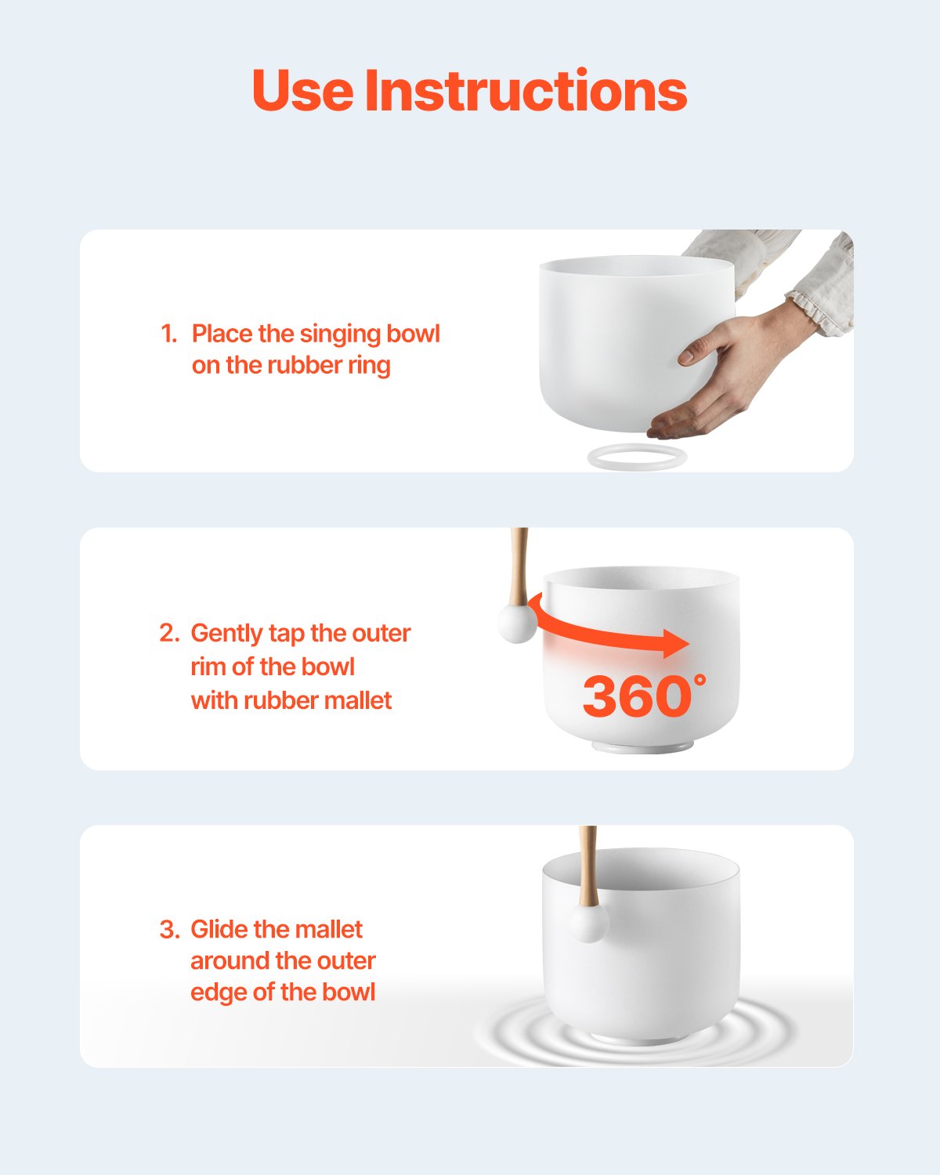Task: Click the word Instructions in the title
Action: pos(526,91)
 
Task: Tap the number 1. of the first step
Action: pos(168,334)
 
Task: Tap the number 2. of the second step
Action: pos(169,633)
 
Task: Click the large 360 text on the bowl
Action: pos(635,696)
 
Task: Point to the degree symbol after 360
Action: pos(700,678)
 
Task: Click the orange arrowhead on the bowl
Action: pos(674,643)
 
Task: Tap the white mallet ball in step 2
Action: pos(518,624)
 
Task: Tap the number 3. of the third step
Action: pos(169,930)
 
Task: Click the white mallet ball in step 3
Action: pos(588,924)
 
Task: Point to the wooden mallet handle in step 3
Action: pos(588,862)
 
